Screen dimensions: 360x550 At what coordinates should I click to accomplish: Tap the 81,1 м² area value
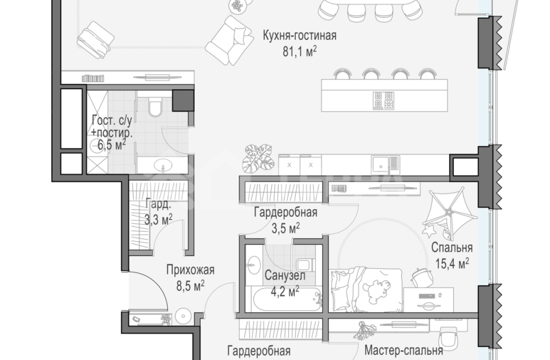pos(299,51)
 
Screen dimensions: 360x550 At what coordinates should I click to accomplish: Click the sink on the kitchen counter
pos(382,163)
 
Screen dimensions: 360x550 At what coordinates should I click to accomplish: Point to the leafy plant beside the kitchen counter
pos(257,157)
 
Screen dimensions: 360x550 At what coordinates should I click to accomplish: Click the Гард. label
pos(158,205)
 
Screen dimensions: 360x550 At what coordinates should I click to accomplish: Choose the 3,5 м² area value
pos(286,228)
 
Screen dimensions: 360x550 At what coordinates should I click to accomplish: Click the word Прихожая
pos(189,270)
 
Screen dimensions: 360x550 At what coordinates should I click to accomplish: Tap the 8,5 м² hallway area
pos(189,285)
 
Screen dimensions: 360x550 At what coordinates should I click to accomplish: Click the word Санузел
pos(285,276)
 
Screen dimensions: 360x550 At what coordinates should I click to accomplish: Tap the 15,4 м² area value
pos(452,262)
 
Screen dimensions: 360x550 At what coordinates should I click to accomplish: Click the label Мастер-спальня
pos(403,350)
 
